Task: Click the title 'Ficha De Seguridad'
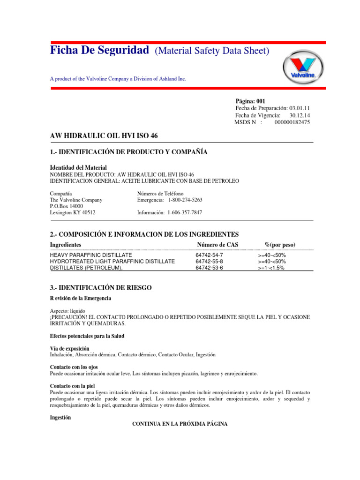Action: coord(99,50)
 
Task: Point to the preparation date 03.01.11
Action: coord(300,108)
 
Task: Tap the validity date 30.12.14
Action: coord(300,115)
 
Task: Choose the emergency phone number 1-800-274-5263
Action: coord(185,200)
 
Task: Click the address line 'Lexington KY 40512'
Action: coord(73,212)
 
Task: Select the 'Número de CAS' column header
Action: coord(217,245)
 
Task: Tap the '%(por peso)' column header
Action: coord(280,245)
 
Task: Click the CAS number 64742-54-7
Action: coord(209,255)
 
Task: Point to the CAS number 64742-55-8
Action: coord(209,261)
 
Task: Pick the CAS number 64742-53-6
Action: coord(209,268)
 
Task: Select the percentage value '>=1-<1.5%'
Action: coord(271,268)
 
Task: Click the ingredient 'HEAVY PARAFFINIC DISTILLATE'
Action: coord(91,255)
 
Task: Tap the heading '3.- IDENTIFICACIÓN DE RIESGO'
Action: coord(101,286)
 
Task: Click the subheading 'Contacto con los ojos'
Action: coord(74,367)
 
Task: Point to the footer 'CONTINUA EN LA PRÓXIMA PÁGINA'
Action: coord(180,424)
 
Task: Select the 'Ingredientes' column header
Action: coord(66,245)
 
